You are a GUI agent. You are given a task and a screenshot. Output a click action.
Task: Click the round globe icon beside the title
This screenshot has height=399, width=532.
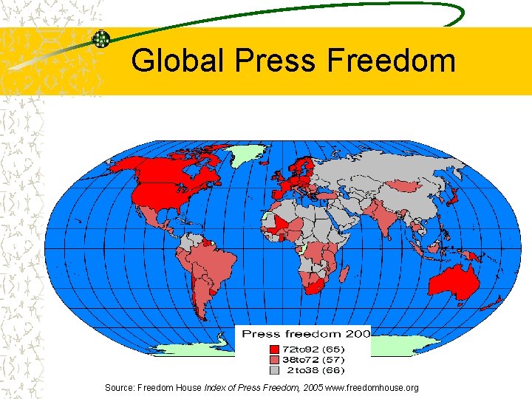point(101,38)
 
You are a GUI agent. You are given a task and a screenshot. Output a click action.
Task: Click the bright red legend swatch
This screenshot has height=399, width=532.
point(274,349)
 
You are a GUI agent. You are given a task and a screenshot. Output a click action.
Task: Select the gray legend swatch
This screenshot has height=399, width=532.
point(274,369)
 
